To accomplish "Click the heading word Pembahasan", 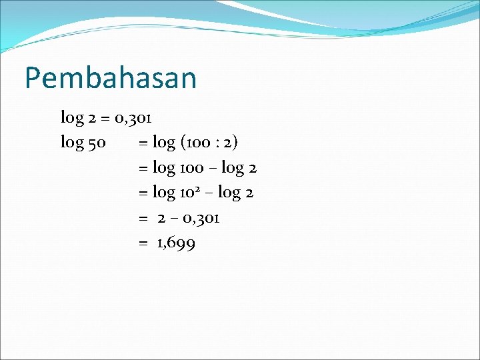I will [x=111, y=79].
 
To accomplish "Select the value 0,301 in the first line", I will [x=133, y=119].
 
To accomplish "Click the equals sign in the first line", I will [x=105, y=119].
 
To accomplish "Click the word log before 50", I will [x=72, y=143].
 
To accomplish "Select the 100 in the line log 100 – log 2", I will [x=193, y=169].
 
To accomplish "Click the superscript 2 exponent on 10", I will [x=201, y=189].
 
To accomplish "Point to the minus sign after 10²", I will [x=211, y=194].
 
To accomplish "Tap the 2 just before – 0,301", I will [x=161, y=219].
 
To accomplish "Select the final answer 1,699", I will [x=176, y=244].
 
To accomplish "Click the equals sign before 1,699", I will [x=143, y=244].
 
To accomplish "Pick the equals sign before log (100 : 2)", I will [x=143, y=143].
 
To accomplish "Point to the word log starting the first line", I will [x=72, y=119].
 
